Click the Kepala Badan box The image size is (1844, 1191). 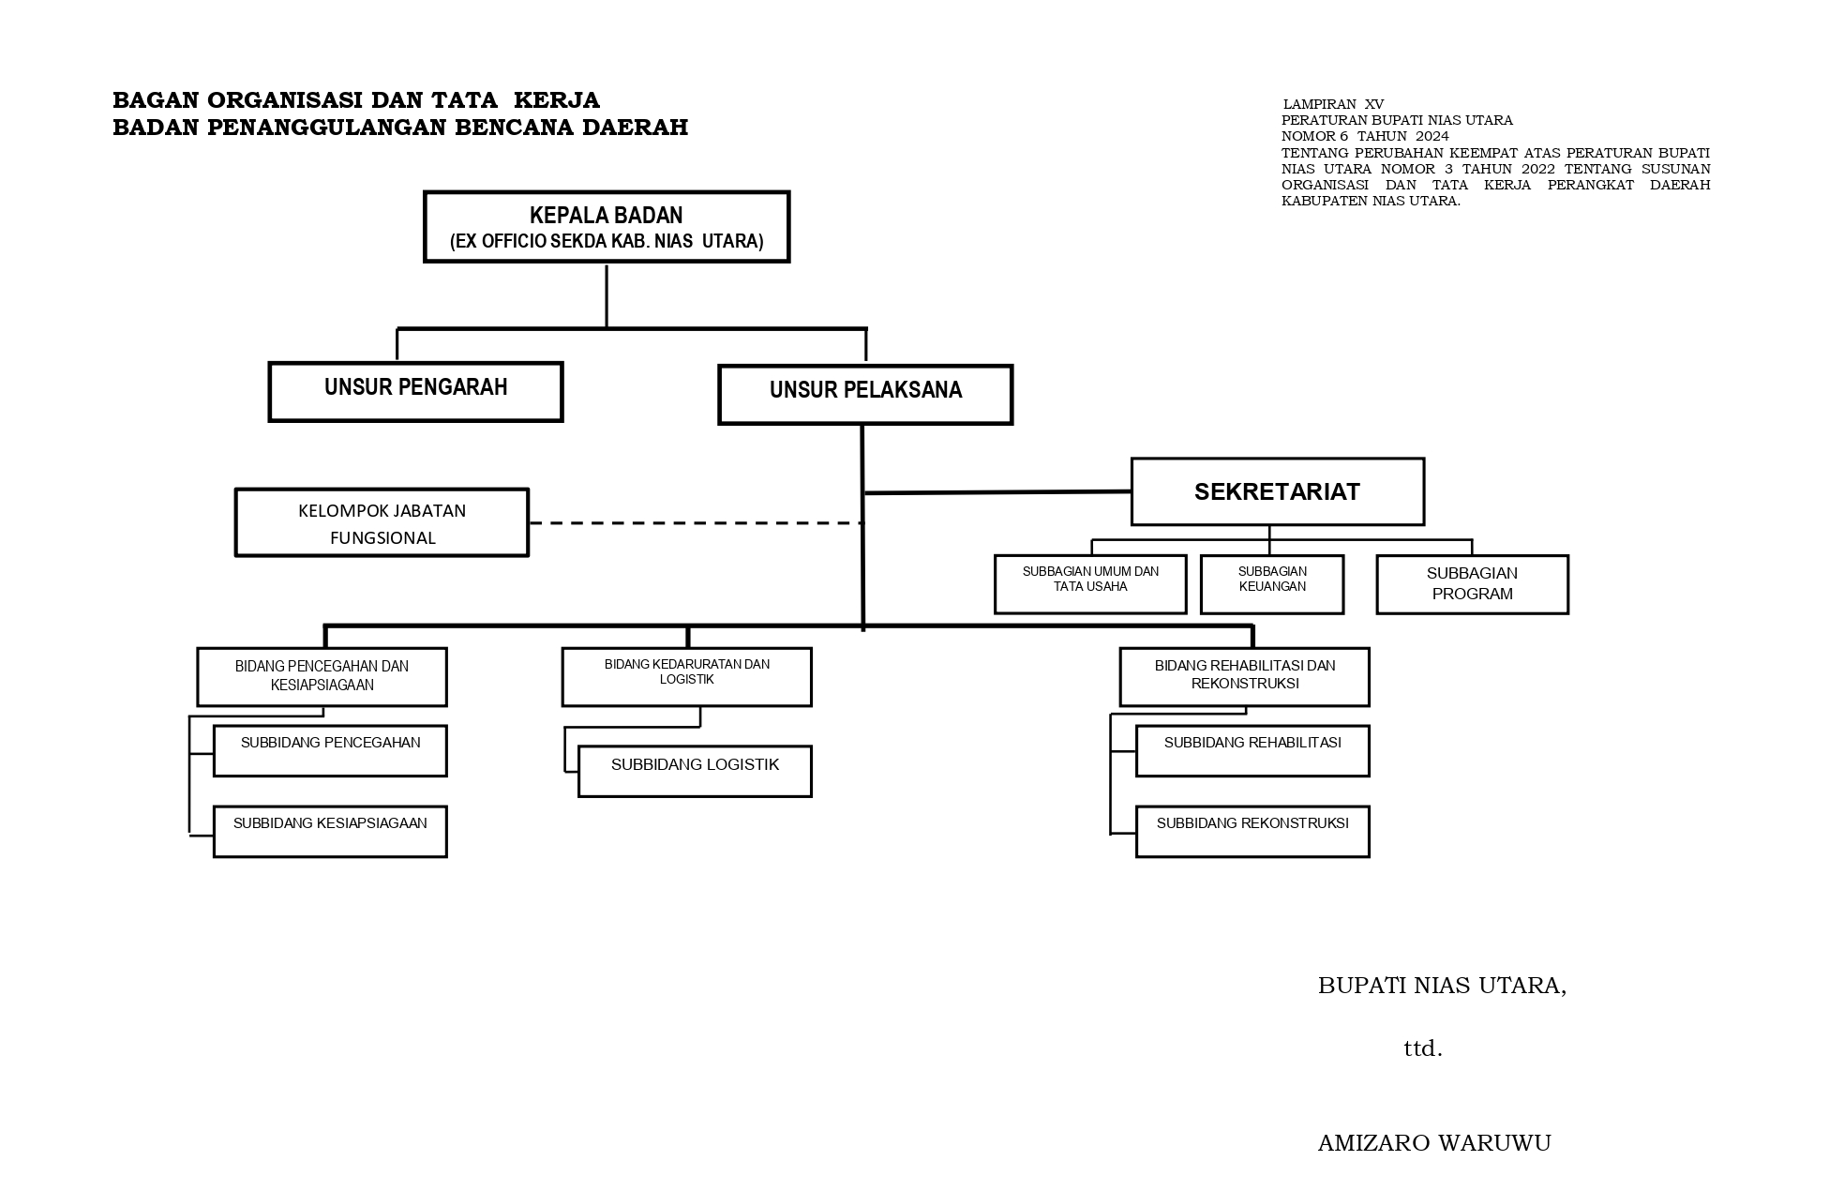click(607, 227)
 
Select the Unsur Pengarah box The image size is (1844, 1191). click(415, 391)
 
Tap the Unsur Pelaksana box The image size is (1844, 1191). click(865, 394)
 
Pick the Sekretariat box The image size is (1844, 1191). click(1277, 491)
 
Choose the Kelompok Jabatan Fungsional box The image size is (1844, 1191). click(382, 522)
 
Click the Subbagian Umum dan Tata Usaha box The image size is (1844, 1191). click(1090, 583)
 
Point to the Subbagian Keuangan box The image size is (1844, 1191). click(1271, 583)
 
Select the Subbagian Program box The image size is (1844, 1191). click(1472, 583)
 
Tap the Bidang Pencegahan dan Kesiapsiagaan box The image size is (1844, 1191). click(322, 676)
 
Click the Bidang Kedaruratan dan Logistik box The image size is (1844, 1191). click(686, 676)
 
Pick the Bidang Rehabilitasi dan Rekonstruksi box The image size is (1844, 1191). click(1244, 676)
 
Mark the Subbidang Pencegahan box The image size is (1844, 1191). click(330, 749)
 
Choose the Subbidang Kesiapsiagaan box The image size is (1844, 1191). click(330, 830)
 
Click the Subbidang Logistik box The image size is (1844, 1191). click(695, 771)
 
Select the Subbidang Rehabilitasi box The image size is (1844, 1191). click(1252, 749)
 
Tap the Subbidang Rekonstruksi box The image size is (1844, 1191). click(1252, 830)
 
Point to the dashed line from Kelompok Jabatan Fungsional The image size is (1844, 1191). click(695, 522)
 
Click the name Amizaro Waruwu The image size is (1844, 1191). click(1434, 1143)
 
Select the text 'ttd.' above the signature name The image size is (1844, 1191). click(1422, 1048)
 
